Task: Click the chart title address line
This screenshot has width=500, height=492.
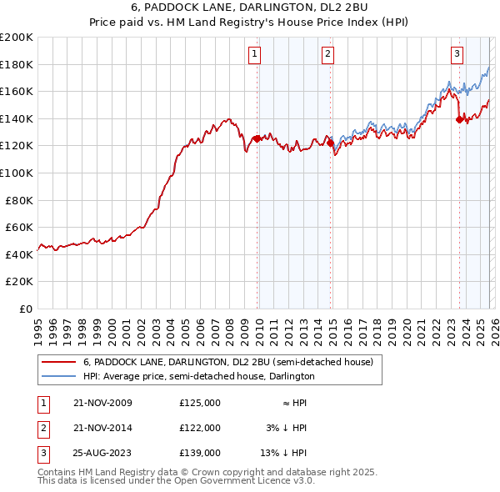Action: tap(250, 8)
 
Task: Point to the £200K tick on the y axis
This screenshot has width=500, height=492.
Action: tap(17, 38)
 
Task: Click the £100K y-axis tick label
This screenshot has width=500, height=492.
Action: tap(17, 173)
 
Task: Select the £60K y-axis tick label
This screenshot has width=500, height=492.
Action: tap(18, 227)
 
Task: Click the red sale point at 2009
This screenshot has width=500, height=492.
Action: tap(257, 139)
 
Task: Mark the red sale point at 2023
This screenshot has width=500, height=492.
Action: tap(459, 120)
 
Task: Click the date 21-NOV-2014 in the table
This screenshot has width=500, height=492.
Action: tap(102, 428)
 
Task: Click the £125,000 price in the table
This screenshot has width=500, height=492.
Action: tap(200, 403)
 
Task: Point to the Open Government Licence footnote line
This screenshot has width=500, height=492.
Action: tap(176, 481)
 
